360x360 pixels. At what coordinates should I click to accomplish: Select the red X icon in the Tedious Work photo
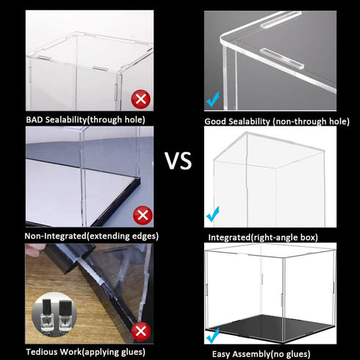click(x=140, y=330)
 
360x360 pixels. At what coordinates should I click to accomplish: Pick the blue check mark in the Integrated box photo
click(x=213, y=215)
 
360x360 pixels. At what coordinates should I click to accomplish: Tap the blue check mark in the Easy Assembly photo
click(x=213, y=336)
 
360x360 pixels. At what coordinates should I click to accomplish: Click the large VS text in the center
click(x=179, y=160)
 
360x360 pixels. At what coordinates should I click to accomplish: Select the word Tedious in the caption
click(x=45, y=353)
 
